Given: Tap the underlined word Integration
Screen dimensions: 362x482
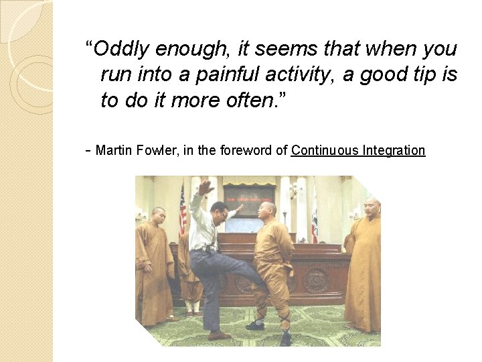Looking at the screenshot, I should (394, 150).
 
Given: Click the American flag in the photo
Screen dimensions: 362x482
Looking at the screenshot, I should (183, 208).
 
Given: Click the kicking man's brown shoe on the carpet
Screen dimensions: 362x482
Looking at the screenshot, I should (218, 335).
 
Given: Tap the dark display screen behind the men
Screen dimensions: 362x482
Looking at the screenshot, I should (248, 199).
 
